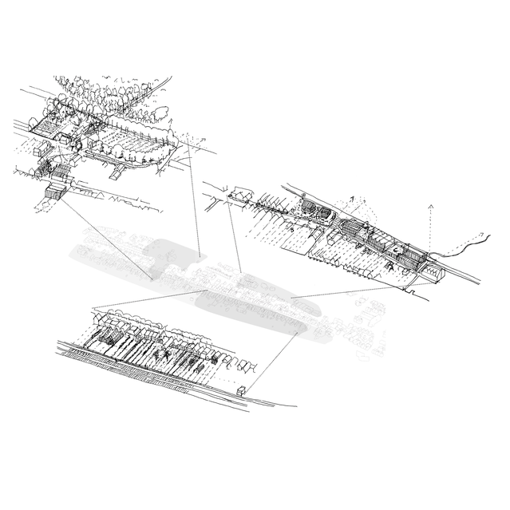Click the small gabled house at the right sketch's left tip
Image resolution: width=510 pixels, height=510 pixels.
[237, 194]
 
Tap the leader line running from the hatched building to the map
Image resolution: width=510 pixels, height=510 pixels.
[104, 235]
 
